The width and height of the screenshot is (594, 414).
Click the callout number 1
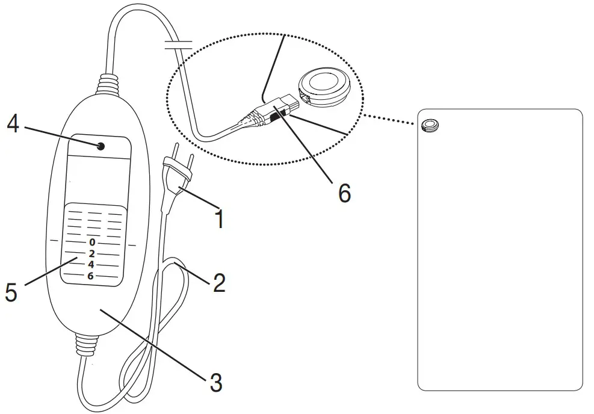click(220, 218)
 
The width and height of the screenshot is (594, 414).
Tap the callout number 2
click(219, 283)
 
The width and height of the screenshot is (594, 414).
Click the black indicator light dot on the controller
click(100, 146)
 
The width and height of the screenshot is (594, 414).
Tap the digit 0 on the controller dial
click(91, 242)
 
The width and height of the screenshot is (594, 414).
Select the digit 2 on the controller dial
click(91, 253)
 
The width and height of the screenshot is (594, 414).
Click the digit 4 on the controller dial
click(91, 264)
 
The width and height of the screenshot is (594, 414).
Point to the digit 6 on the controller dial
click(91, 276)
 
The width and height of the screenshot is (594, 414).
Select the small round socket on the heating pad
click(429, 125)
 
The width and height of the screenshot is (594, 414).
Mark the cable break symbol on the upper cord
click(179, 43)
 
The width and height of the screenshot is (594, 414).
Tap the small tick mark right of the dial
click(132, 245)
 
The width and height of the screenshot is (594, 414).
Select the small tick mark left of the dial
click(52, 241)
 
